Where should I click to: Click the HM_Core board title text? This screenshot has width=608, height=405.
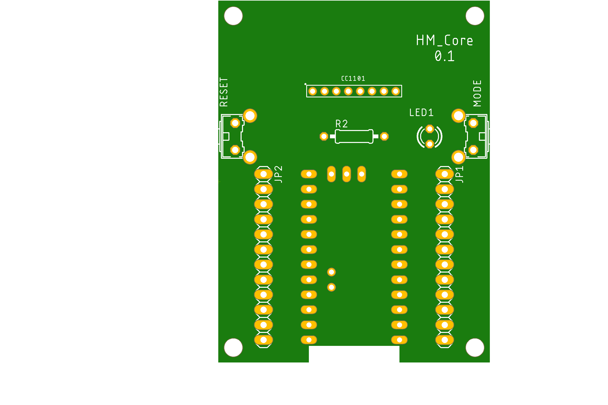(444, 40)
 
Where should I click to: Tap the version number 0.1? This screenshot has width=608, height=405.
(444, 56)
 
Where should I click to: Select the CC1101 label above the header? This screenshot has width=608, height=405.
(353, 79)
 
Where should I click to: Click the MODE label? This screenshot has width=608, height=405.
(477, 93)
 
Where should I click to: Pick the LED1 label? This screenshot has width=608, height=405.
(421, 113)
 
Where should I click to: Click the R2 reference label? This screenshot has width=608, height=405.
(341, 124)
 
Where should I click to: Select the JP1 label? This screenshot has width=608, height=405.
(459, 174)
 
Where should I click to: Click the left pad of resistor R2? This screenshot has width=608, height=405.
(324, 136)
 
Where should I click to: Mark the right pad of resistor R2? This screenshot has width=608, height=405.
(384, 136)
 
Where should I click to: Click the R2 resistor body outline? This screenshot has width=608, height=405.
(354, 136)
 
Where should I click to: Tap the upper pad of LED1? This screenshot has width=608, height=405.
(430, 129)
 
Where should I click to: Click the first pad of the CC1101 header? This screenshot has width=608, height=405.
(313, 91)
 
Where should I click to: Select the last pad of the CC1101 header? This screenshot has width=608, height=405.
(396, 91)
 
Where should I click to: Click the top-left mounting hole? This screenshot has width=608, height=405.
(233, 16)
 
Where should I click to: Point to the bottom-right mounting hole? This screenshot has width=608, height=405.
(475, 348)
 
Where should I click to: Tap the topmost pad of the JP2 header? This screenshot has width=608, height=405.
(263, 174)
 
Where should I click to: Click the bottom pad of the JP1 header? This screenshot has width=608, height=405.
(445, 340)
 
